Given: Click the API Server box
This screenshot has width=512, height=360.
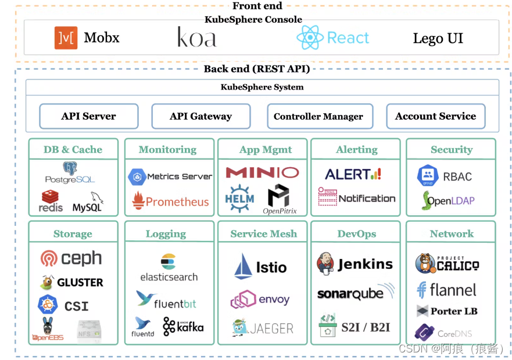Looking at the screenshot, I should click(x=88, y=116).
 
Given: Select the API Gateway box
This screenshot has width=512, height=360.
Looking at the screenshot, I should click(x=200, y=116).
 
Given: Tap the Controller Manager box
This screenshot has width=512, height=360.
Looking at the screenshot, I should click(x=318, y=116).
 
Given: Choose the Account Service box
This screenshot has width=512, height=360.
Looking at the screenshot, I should click(x=435, y=116).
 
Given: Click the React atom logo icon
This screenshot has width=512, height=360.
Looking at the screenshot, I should click(x=310, y=38).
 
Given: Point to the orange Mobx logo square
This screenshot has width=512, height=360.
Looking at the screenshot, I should click(x=66, y=38).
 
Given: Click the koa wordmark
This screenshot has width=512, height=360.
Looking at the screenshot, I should click(x=196, y=37).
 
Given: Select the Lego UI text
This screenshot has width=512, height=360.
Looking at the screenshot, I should click(x=438, y=38).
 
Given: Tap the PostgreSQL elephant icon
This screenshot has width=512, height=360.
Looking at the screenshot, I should click(x=70, y=169).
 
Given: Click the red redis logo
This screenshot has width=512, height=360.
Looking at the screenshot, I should click(x=51, y=201).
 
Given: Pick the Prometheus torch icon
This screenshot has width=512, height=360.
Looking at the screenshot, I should click(x=138, y=201).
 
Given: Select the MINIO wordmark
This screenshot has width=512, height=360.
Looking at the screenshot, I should click(x=262, y=172).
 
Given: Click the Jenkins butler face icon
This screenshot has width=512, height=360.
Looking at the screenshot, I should click(x=325, y=264).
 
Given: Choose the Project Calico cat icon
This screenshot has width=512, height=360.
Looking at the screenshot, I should click(x=425, y=264).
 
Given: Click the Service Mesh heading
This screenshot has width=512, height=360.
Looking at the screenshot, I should click(x=263, y=234).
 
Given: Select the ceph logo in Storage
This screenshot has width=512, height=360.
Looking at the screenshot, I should click(x=71, y=258).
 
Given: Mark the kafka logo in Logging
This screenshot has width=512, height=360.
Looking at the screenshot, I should click(x=184, y=326).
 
